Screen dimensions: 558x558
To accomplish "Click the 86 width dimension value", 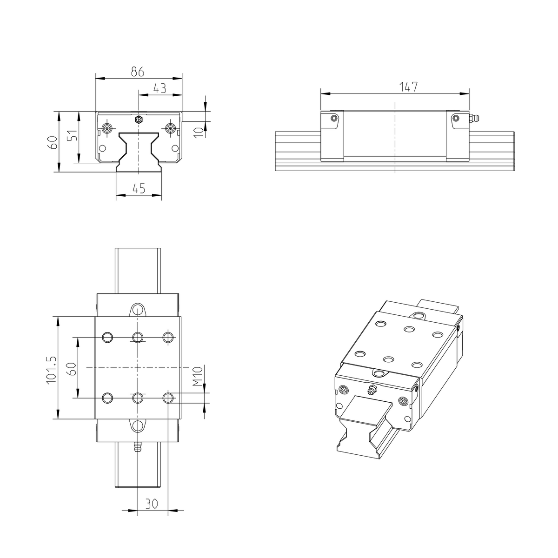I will [138, 72].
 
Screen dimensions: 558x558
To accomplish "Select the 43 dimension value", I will [159, 88].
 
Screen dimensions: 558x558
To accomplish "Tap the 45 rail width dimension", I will [139, 188].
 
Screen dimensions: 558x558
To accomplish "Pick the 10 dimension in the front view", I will [199, 130].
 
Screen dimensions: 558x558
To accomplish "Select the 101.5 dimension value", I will [51, 370].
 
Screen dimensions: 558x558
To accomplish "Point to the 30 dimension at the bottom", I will [152, 503].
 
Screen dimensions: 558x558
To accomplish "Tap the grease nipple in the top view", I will [138, 449].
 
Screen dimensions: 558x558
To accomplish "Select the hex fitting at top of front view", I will [138, 120].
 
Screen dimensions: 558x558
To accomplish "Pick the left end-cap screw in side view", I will [333, 118].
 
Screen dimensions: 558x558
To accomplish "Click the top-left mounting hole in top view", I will [107, 337].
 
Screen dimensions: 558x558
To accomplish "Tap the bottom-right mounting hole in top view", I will [168, 398].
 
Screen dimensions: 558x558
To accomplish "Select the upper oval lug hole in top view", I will [137, 309].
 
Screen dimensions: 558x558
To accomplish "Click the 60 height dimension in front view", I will [53, 142].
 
